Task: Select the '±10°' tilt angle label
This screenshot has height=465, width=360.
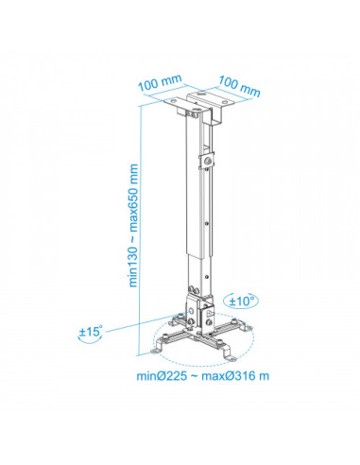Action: (242, 301)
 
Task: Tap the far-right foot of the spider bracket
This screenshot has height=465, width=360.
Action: (247, 329)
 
